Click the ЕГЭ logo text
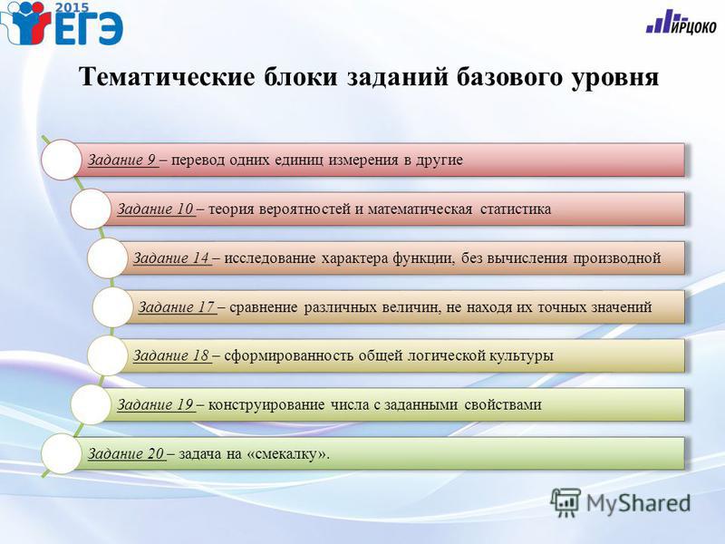coord(89,28)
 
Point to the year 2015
coord(72,7)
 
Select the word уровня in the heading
coord(615,77)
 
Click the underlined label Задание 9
coord(122,160)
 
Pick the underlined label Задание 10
coord(155,209)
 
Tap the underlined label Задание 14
coord(171,258)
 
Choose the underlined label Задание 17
coord(177,307)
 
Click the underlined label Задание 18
coord(171,355)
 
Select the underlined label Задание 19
coord(155,404)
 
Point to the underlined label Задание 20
coord(126,454)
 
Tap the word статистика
coord(516,209)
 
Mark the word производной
coord(617,258)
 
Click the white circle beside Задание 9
coord(62,160)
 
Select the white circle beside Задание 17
coord(112,306)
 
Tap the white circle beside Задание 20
coord(62,454)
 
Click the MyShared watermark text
coord(638,503)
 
